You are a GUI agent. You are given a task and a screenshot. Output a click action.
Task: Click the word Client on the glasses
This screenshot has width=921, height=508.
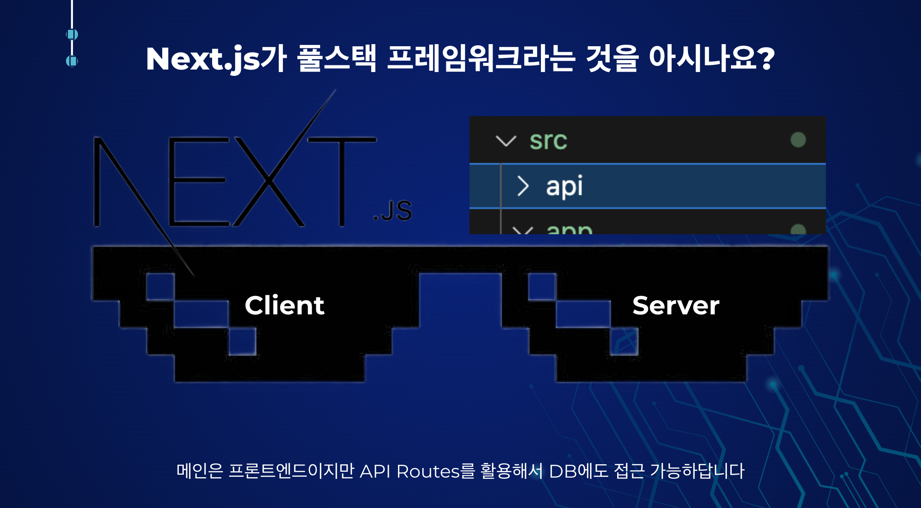click(x=284, y=305)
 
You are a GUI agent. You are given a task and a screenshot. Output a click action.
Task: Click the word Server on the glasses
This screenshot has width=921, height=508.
click(x=676, y=305)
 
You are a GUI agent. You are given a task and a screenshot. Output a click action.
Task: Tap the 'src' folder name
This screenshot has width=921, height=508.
click(x=548, y=140)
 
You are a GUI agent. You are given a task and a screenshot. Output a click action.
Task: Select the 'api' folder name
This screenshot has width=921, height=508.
click(x=564, y=186)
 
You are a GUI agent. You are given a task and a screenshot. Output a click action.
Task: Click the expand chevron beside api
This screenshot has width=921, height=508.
click(x=523, y=186)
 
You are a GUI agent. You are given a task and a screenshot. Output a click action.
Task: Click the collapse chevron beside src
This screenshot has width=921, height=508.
click(x=506, y=141)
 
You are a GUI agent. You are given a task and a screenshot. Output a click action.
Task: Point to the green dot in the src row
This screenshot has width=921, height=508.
click(x=798, y=140)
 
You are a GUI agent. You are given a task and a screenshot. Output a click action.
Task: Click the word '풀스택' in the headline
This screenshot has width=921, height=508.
click(x=337, y=58)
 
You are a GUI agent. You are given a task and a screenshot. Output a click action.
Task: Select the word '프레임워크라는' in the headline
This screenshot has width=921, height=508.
click(x=481, y=58)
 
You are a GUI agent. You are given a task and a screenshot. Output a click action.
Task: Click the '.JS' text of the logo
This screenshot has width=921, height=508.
click(x=393, y=211)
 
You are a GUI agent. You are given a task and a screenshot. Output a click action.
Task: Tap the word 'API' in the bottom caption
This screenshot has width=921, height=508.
click(x=375, y=471)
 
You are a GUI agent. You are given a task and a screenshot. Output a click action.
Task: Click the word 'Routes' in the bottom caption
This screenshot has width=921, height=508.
click(x=428, y=471)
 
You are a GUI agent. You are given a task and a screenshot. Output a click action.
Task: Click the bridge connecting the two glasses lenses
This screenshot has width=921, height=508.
click(x=460, y=260)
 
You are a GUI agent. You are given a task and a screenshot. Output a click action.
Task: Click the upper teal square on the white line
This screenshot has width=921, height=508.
click(x=72, y=34)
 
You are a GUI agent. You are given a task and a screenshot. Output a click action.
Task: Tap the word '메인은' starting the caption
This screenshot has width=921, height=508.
click(x=200, y=471)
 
